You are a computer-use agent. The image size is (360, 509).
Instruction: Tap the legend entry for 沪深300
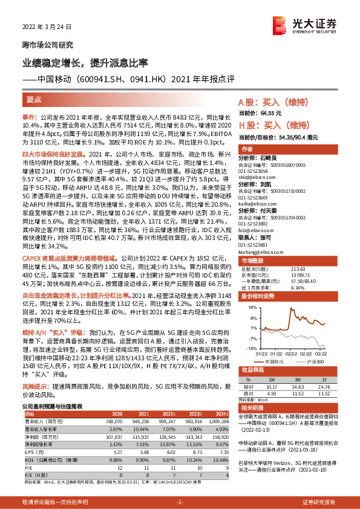coord(313,361)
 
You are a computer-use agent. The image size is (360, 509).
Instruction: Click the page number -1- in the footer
coord(179,502)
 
